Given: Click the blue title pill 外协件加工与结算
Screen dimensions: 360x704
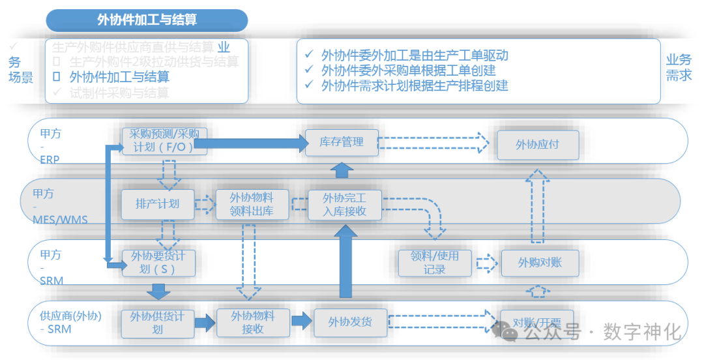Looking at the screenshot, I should (x=147, y=20).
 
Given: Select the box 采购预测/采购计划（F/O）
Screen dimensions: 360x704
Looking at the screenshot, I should (x=164, y=141).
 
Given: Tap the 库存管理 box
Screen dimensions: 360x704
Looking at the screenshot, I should (x=342, y=142).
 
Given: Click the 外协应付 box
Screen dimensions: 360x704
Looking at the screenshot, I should (x=537, y=145).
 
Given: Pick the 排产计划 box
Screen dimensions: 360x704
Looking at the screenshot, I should (x=157, y=203).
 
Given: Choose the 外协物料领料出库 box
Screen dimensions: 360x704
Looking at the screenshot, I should (x=252, y=203).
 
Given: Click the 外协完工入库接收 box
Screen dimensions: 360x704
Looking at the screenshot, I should (x=345, y=204).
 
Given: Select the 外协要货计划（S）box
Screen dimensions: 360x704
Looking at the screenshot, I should (x=158, y=263).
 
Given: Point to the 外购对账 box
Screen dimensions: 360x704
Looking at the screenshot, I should (x=539, y=263).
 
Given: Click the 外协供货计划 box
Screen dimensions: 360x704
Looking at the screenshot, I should (x=157, y=323).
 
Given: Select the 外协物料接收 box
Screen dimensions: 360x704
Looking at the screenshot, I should (x=252, y=322).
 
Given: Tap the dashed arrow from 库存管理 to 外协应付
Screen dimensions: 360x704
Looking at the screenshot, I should (x=433, y=142).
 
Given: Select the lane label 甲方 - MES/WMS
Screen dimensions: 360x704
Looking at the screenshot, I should (x=55, y=206).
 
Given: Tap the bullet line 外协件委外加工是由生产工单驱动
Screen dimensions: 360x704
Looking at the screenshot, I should (x=414, y=55).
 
